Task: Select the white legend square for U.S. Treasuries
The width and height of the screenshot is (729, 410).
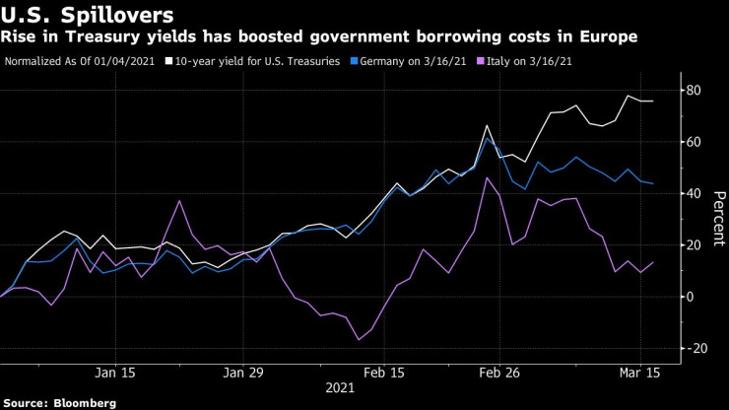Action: tap(169, 61)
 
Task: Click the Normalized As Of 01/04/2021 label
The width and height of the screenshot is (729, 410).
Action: tap(81, 61)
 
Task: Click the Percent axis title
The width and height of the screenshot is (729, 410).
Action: tap(719, 219)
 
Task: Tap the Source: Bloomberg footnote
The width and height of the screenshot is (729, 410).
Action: tap(60, 403)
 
